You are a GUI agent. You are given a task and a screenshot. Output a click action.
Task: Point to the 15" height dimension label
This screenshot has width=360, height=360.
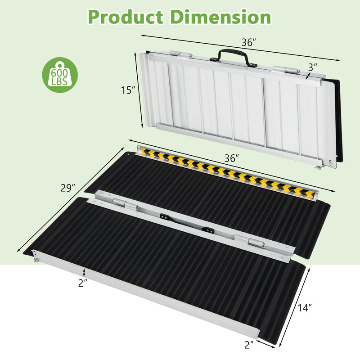[128, 90]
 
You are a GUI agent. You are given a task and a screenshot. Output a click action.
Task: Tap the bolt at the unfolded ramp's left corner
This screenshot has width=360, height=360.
[36, 258]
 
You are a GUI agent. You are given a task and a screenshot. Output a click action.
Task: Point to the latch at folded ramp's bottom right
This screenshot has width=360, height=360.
[320, 168]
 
